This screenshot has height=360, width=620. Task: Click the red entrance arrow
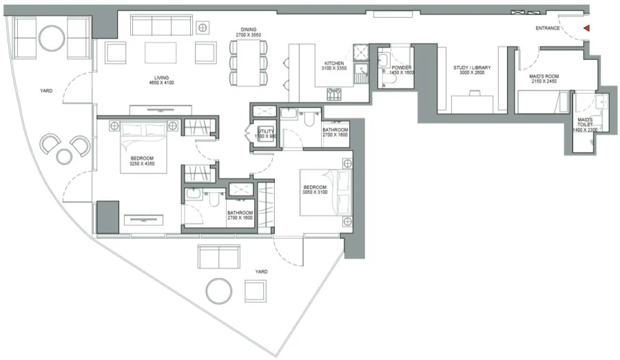click(586, 28)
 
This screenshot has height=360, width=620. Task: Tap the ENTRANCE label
click(549, 28)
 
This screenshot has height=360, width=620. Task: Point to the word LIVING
click(162, 78)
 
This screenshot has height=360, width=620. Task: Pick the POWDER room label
click(402, 67)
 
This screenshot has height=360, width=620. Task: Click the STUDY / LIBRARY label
click(473, 67)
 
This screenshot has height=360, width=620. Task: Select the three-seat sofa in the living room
click(161, 26)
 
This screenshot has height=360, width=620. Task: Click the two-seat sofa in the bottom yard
click(218, 257)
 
